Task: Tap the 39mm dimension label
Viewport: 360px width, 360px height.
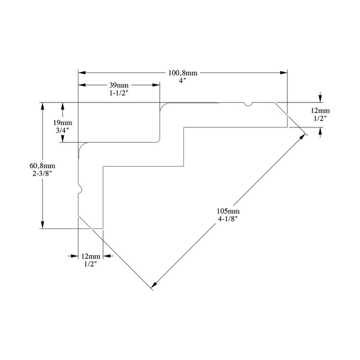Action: [118, 85]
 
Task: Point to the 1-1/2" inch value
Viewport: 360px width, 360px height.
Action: [118, 93]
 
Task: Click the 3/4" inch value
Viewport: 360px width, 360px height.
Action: [63, 131]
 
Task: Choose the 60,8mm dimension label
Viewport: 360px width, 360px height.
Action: [43, 165]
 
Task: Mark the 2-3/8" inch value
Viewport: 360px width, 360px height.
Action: [43, 173]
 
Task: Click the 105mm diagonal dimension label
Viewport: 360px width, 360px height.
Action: [229, 211]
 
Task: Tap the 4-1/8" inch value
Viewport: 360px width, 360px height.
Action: [229, 219]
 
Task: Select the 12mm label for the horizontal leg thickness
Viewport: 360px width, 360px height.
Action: [320, 110]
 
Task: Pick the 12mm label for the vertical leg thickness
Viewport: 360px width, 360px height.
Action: [91, 257]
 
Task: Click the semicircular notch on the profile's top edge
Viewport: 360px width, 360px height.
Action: [250, 104]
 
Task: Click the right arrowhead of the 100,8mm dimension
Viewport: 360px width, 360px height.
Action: [285, 71]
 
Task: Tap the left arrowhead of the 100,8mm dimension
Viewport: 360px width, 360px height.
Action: [81, 71]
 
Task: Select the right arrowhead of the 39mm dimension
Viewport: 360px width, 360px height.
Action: [157, 85]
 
